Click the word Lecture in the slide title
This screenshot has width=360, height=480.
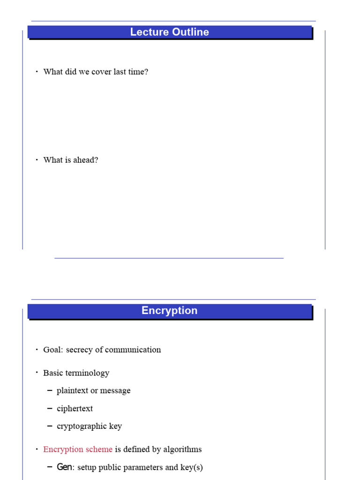[x=145, y=32]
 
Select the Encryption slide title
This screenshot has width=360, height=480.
[x=169, y=310]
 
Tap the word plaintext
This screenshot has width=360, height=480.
[x=72, y=391]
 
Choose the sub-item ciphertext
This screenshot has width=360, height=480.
[x=75, y=409]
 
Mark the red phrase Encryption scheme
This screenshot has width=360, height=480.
[x=78, y=449]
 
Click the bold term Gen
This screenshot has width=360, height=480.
[x=64, y=467]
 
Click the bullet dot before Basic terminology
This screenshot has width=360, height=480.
[x=37, y=373]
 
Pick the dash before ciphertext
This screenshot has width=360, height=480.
[x=50, y=409]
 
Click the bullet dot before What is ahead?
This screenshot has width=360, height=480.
[x=37, y=160]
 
